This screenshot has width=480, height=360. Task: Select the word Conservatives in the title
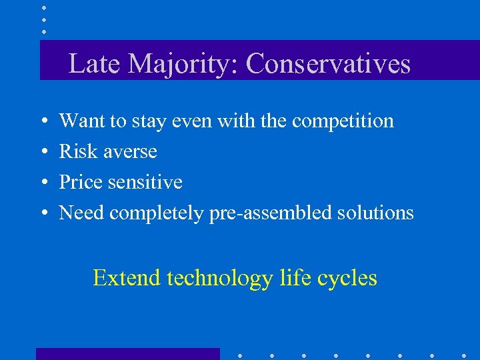327,64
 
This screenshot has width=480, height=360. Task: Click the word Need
82,213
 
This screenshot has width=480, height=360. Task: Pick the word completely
157,213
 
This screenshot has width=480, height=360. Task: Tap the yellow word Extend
127,277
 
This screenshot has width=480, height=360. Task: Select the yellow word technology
219,278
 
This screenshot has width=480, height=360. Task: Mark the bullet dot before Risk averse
43,152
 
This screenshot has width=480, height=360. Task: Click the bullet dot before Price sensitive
43,183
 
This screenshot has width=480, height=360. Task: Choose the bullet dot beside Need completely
43,213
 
